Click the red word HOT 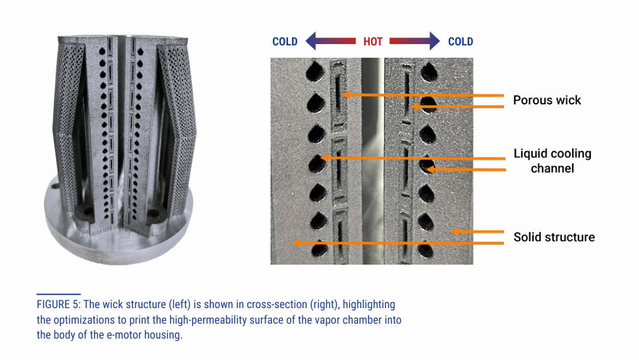tap(373, 42)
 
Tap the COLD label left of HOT tap(285, 42)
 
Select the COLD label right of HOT tap(461, 42)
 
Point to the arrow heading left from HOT tap(330, 41)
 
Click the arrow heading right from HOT tap(415, 41)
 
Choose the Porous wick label tap(547, 101)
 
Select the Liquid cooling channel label tap(552, 161)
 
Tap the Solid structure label tap(554, 237)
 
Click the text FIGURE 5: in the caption tap(58, 305)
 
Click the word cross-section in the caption tap(277, 305)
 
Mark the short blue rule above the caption tap(58, 294)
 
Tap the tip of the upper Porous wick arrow tap(343, 95)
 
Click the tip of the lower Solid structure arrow tap(293, 243)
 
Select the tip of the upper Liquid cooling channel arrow tap(321, 158)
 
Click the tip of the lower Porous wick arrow tap(411, 107)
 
